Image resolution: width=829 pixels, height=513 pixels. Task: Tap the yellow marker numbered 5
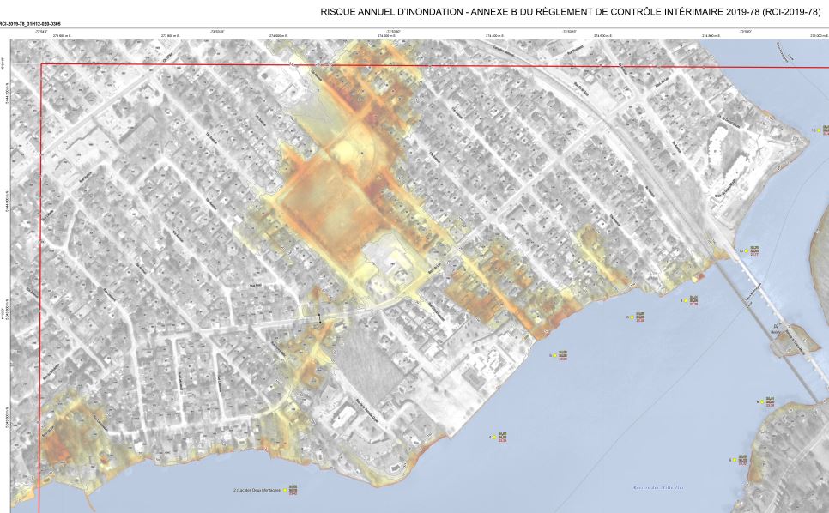[552, 354]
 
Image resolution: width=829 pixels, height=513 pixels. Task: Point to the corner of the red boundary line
[40, 65]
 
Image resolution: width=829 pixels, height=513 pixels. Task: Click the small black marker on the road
[319, 318]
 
